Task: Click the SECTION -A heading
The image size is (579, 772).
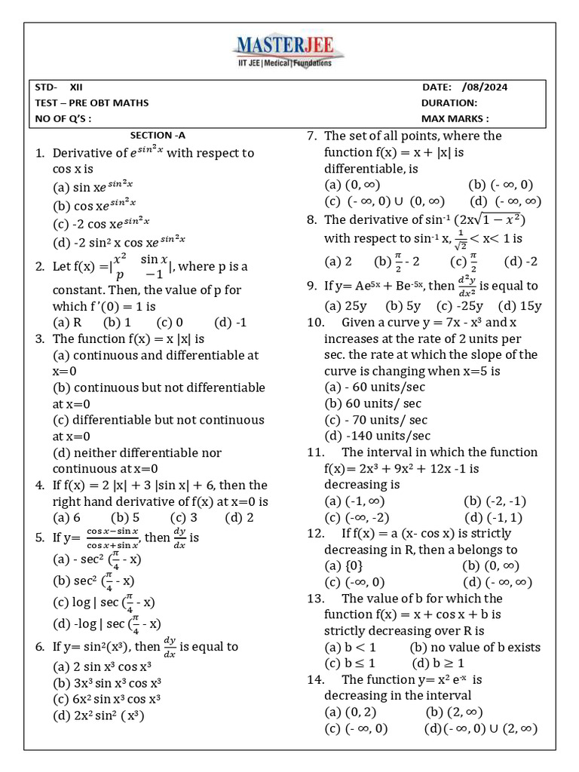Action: pyautogui.click(x=158, y=136)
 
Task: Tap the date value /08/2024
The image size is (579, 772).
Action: pyautogui.click(x=485, y=87)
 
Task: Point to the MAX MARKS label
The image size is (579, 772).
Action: pyautogui.click(x=455, y=118)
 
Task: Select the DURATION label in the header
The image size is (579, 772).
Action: pyautogui.click(x=449, y=103)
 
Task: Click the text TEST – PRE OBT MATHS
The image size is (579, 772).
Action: pyautogui.click(x=92, y=103)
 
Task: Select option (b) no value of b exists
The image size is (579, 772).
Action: pyautogui.click(x=475, y=647)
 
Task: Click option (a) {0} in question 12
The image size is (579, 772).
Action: pyautogui.click(x=343, y=565)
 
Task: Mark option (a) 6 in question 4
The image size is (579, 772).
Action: pyautogui.click(x=66, y=517)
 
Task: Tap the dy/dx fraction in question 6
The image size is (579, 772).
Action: pyautogui.click(x=170, y=646)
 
